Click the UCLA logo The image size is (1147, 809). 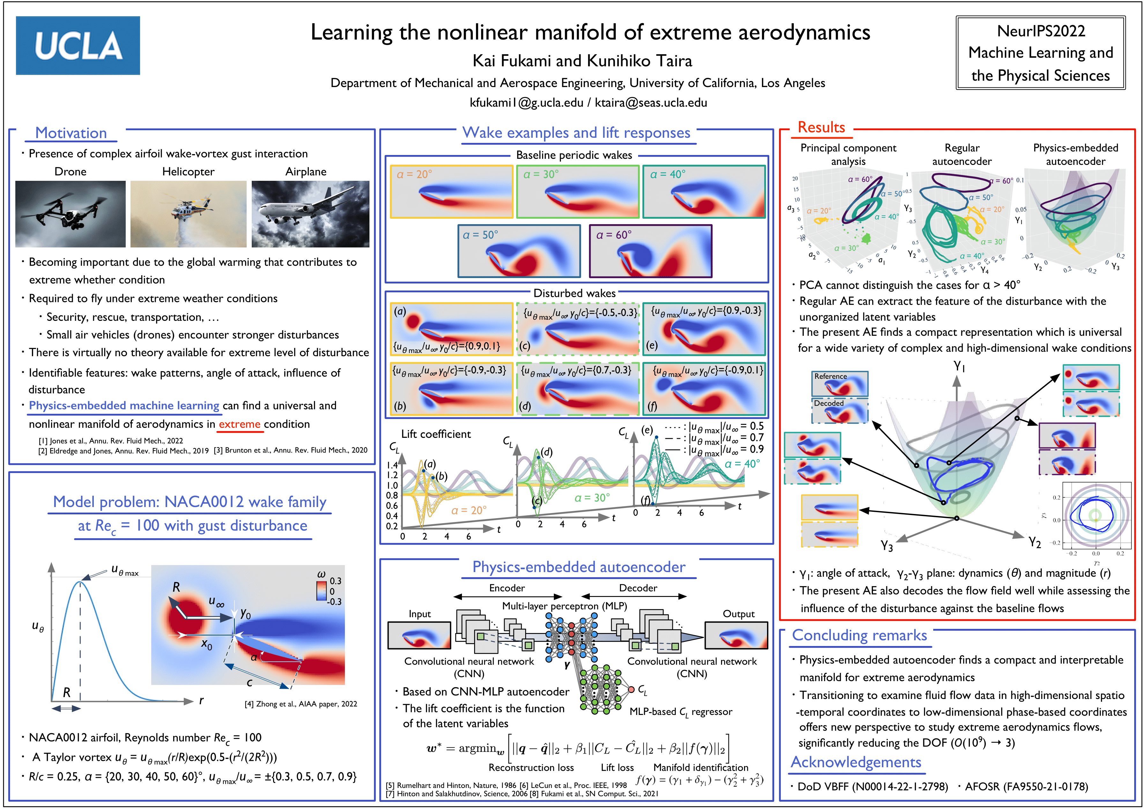pos(78,46)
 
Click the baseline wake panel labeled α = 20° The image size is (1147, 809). pos(451,192)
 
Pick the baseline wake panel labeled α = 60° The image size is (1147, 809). pos(651,251)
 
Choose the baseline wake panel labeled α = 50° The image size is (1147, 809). pos(519,251)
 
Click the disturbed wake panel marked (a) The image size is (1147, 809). pos(451,328)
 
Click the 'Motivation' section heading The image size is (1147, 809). pos(71,133)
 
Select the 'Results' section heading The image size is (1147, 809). pos(821,127)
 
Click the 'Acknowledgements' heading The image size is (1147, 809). pos(856,762)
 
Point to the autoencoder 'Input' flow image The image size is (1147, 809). pos(419,635)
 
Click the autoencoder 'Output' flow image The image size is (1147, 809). pos(736,635)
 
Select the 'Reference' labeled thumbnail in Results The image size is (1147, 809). pos(839,384)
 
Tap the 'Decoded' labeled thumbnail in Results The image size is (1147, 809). pos(839,410)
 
